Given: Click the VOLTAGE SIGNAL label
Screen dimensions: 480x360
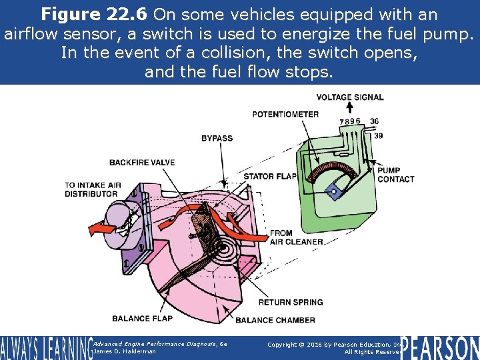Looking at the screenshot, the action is pyautogui.click(x=349, y=97).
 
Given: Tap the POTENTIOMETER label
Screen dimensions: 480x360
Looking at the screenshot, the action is pyautogui.click(x=285, y=114).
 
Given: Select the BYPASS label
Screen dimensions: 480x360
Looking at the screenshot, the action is pyautogui.click(x=217, y=139).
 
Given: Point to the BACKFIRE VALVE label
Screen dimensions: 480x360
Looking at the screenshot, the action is pyautogui.click(x=142, y=162).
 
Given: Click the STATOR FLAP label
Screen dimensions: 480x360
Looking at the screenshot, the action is pyautogui.click(x=270, y=177).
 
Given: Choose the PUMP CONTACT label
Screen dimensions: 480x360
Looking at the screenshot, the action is pyautogui.click(x=395, y=175).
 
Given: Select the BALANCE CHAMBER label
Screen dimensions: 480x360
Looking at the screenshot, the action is pyautogui.click(x=275, y=320).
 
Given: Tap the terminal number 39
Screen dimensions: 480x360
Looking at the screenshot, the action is pyautogui.click(x=378, y=135).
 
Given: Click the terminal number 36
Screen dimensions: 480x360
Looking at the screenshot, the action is pyautogui.click(x=374, y=121).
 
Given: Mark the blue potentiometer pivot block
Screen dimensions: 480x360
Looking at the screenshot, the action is pyautogui.click(x=333, y=192).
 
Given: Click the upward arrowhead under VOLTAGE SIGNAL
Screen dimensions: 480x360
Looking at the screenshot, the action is pyautogui.click(x=349, y=107).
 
